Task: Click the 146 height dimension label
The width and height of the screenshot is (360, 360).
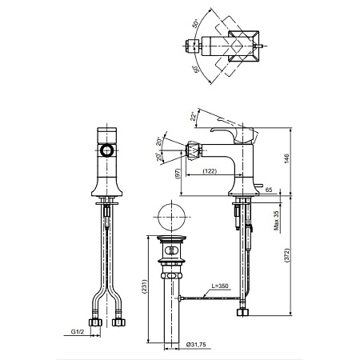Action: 286,158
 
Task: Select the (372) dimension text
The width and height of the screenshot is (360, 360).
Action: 287,256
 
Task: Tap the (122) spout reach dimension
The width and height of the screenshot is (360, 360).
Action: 210,171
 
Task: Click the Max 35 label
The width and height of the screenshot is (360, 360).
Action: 276,221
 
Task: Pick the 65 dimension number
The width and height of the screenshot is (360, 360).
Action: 269,190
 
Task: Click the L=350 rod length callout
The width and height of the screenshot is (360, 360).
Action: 220,286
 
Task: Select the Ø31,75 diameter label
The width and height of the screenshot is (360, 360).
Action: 196,345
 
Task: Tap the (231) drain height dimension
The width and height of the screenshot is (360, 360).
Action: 144,286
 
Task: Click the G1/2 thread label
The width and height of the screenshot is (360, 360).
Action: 78,332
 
